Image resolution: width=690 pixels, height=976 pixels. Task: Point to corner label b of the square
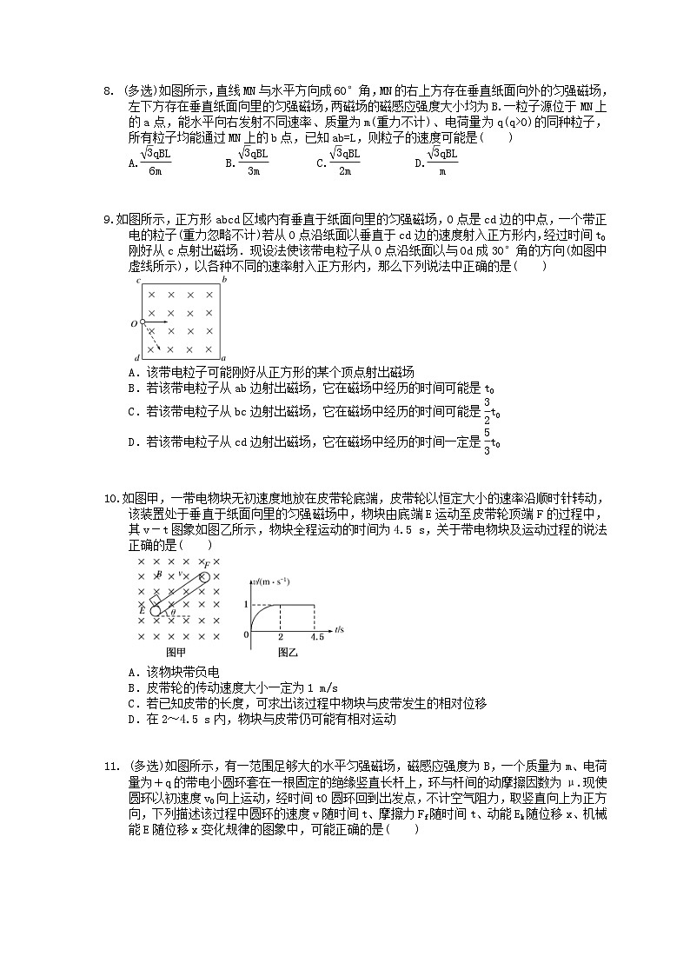point(224,281)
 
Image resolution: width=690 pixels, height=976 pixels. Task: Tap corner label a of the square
point(224,358)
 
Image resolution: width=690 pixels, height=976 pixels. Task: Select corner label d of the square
point(138,358)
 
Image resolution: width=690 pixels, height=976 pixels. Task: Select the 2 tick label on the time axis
point(280,637)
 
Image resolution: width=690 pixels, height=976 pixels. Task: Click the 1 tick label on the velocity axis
point(246,603)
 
